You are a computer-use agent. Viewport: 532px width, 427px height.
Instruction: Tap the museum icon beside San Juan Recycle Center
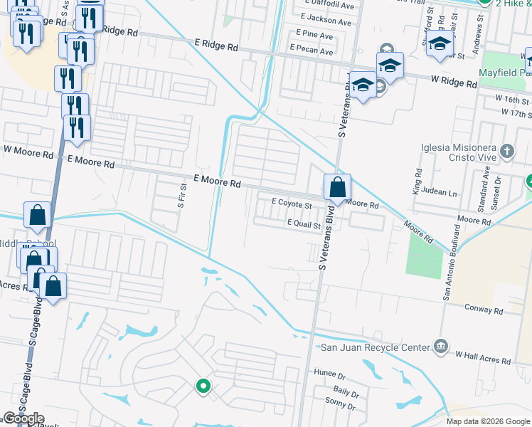coord(440,347)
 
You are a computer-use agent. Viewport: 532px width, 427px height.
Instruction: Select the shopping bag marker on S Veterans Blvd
coord(338,188)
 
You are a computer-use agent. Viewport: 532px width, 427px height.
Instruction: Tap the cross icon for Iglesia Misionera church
coord(507,151)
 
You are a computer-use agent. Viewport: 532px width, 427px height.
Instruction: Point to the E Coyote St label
coord(292,204)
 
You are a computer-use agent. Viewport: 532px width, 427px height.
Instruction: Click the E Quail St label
coord(304,225)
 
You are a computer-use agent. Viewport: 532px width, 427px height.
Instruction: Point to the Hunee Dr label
coord(329,373)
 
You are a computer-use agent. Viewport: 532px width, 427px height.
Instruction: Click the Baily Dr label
coord(345,391)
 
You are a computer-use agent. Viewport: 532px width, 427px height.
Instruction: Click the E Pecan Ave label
coord(311,51)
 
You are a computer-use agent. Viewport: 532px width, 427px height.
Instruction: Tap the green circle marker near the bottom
coord(203,387)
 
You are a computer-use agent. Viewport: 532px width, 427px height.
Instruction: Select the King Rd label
coord(417,181)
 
